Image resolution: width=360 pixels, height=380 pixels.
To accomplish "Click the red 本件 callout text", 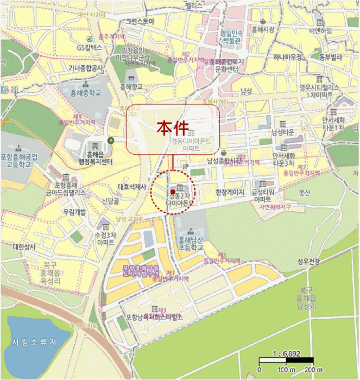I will coord(173,128).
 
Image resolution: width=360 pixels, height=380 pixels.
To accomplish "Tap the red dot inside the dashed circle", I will coord(172,192).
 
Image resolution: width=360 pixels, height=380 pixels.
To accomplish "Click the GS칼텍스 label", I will coord(89,48).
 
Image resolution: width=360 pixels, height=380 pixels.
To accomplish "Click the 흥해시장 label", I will coord(262,29).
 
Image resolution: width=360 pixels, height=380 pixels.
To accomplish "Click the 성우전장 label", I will coord(308,262).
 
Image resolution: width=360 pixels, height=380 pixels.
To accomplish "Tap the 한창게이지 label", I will coord(230,192).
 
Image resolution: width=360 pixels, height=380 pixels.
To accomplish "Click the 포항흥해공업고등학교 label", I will coord(20,161).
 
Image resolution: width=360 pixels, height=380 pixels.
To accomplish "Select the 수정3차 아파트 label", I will coord(105,239).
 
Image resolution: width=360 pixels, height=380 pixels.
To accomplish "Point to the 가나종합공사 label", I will coord(86,68).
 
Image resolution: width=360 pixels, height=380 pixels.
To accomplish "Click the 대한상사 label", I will coord(24,246).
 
